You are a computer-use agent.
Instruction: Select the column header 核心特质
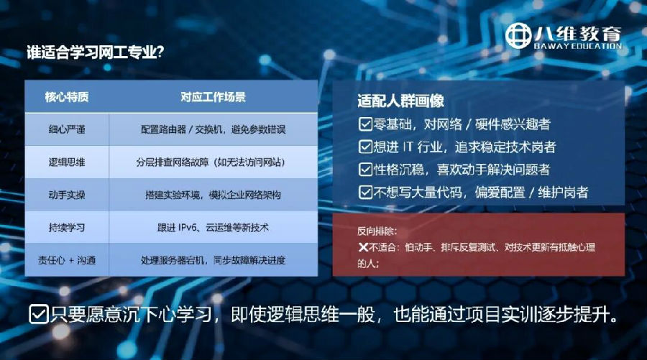pyautogui.click(x=66, y=96)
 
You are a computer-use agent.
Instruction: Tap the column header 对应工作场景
pyautogui.click(x=213, y=96)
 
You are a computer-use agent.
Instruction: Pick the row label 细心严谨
pyautogui.click(x=66, y=129)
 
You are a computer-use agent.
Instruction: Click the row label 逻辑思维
pyautogui.click(x=66, y=162)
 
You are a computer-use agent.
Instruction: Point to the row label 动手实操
pyautogui.click(x=66, y=195)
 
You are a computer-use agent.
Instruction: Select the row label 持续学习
pyautogui.click(x=66, y=227)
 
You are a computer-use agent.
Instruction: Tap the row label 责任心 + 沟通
pyautogui.click(x=66, y=259)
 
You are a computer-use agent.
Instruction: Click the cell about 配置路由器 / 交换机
pyautogui.click(x=213, y=129)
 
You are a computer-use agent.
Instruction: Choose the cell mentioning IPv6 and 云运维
pyautogui.click(x=213, y=227)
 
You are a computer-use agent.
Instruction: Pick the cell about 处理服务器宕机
pyautogui.click(x=213, y=259)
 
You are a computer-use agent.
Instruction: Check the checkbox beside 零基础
pyautogui.click(x=365, y=124)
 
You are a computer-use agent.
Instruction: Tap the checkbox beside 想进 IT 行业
pyautogui.click(x=365, y=147)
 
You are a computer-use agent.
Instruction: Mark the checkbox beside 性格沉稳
pyautogui.click(x=365, y=170)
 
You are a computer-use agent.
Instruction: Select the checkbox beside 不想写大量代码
pyautogui.click(x=365, y=192)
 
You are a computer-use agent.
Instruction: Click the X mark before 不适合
pyautogui.click(x=363, y=248)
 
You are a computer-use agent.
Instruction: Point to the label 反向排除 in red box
pyautogui.click(x=377, y=231)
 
